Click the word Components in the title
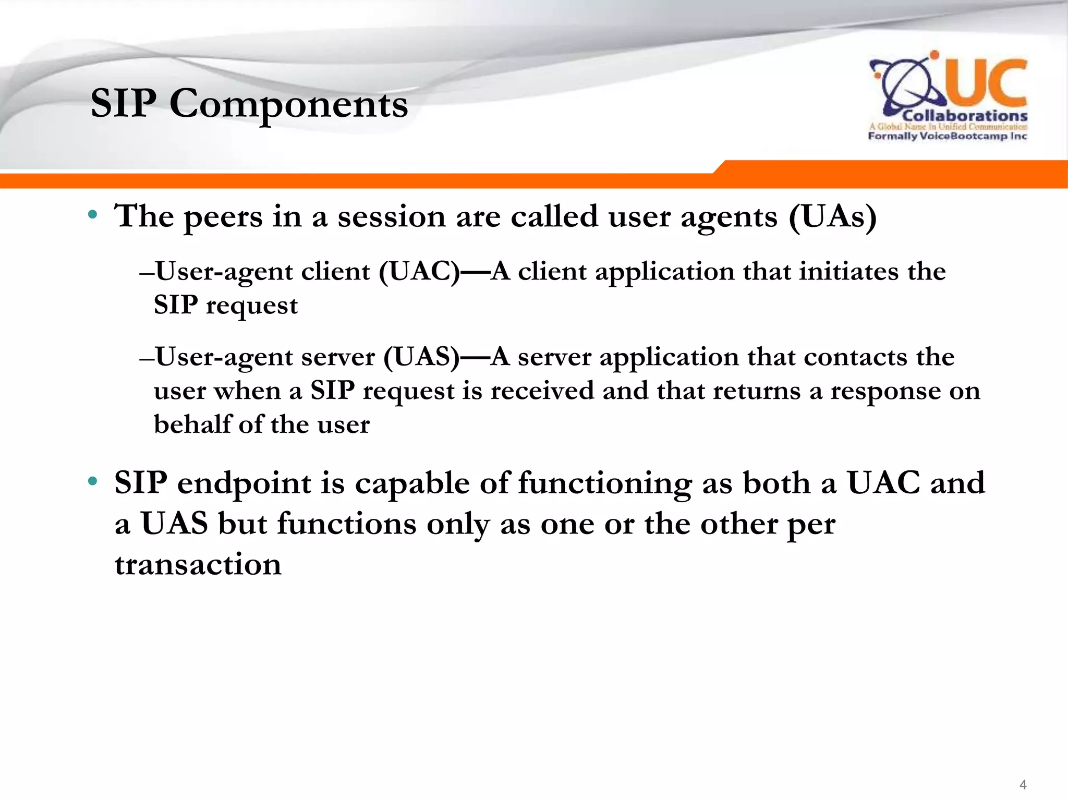288,104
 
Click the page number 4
1023,784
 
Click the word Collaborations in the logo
965,116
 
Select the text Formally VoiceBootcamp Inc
947,136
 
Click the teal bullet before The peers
93,214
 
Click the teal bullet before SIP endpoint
93,481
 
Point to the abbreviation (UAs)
832,216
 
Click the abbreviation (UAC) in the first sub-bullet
419,272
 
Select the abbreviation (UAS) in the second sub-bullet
421,357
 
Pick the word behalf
192,424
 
